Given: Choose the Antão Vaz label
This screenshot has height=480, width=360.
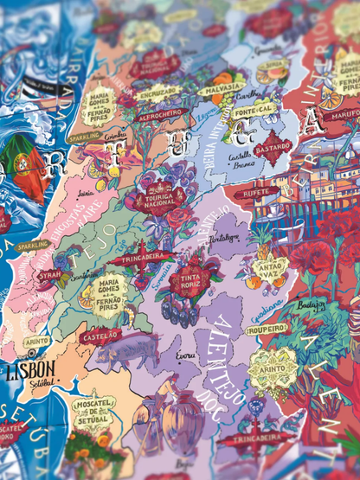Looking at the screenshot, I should point(272,265).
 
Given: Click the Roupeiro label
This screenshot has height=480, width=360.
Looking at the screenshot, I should point(266,330).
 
